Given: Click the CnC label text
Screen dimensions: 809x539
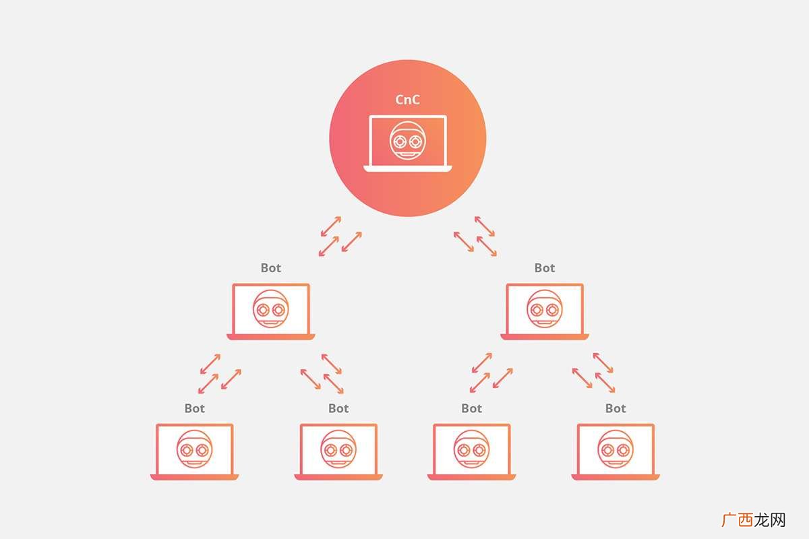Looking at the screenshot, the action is (x=407, y=100).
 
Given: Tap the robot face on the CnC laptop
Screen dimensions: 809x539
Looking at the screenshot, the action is (x=408, y=140).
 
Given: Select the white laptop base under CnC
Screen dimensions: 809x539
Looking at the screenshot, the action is (x=408, y=168).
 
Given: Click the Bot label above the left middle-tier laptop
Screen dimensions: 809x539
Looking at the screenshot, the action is (x=271, y=268).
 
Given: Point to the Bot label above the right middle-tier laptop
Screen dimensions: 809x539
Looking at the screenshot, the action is (x=545, y=268).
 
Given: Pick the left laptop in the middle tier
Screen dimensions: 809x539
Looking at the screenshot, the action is (x=271, y=311).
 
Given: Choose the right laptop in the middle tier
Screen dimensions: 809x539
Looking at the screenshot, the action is (x=545, y=311).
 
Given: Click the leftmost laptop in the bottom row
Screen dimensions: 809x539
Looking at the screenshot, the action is (x=195, y=452).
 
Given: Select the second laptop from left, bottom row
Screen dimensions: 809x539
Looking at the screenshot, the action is (x=338, y=452).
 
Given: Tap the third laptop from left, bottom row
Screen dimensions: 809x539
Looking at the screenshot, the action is (x=472, y=452).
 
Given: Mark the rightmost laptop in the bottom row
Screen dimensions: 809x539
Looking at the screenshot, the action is (x=616, y=452).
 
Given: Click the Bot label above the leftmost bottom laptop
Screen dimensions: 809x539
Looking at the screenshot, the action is (x=195, y=408).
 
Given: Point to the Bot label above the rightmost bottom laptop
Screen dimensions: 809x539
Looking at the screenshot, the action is (x=616, y=408).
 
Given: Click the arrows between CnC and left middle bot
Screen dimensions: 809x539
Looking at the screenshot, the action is (x=340, y=236).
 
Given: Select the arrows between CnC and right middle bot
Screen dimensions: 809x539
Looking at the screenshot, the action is (x=475, y=236).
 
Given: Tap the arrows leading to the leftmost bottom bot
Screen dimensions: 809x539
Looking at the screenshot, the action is (x=220, y=374).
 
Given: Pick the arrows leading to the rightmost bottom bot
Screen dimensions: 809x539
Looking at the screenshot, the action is (x=593, y=373).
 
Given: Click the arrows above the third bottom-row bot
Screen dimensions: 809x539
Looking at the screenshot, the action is (x=491, y=373).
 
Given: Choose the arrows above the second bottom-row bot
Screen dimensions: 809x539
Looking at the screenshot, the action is (x=322, y=374).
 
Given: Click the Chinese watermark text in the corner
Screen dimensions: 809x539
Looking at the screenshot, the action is (x=754, y=520).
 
